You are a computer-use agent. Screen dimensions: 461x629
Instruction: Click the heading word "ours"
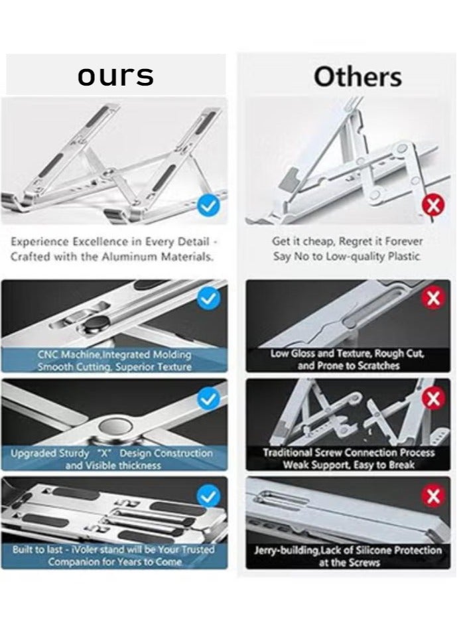tap(115, 76)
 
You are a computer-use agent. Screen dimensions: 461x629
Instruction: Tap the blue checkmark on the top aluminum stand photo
tap(208, 206)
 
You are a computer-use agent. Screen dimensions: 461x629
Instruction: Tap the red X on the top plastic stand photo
tap(433, 206)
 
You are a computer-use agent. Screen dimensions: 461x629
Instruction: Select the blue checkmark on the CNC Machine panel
tap(209, 299)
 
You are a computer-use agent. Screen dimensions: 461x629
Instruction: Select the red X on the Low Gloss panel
tap(433, 299)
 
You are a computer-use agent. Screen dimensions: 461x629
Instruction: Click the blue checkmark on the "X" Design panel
tap(208, 399)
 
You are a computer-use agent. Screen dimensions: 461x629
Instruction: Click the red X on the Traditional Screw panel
tap(433, 399)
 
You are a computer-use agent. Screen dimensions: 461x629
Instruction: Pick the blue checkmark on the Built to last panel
tap(208, 496)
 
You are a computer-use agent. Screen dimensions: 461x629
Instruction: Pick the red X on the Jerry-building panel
tap(433, 496)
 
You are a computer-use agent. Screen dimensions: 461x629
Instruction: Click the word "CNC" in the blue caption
tap(47, 354)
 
